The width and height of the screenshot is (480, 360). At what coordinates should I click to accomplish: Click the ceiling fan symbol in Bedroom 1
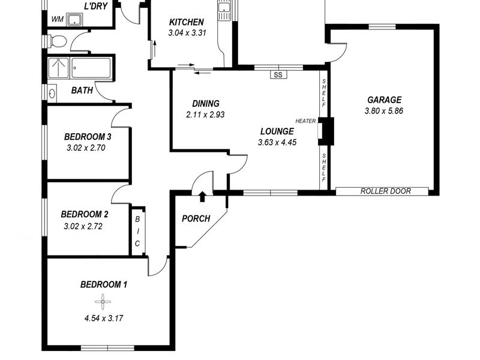[x=103, y=302]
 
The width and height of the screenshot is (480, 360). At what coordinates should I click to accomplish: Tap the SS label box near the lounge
[x=278, y=74]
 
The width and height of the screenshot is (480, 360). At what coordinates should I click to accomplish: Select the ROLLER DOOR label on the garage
[x=385, y=191]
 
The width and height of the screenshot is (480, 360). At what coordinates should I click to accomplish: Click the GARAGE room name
[x=384, y=100]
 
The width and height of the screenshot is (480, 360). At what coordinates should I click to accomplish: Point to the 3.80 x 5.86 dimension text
[x=384, y=111]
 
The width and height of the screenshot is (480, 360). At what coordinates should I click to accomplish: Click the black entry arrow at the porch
[x=202, y=196]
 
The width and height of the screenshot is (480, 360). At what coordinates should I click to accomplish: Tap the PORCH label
[x=196, y=218]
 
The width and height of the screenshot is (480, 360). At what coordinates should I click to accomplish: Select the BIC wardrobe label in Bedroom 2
[x=137, y=231]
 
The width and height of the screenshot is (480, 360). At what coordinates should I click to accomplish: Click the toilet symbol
[x=57, y=41]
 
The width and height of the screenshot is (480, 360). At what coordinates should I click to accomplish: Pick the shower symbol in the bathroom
[x=58, y=68]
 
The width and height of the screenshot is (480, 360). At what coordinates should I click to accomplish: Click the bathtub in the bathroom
[x=91, y=68]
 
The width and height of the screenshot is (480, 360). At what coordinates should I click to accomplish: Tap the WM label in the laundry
[x=57, y=19]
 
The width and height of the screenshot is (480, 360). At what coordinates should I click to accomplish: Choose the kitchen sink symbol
[x=224, y=10]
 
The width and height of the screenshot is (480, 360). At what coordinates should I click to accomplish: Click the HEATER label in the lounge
[x=305, y=121]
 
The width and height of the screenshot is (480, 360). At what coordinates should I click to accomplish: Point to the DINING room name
[x=206, y=103]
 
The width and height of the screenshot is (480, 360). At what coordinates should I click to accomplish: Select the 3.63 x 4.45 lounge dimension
[x=277, y=142]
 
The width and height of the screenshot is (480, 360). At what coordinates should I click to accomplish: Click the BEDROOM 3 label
[x=88, y=137]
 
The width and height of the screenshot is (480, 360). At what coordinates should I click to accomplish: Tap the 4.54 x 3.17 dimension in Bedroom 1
[x=103, y=319]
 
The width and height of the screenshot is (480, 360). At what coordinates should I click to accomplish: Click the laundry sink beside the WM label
[x=74, y=19]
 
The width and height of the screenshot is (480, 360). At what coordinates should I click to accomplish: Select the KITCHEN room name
[x=187, y=22]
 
